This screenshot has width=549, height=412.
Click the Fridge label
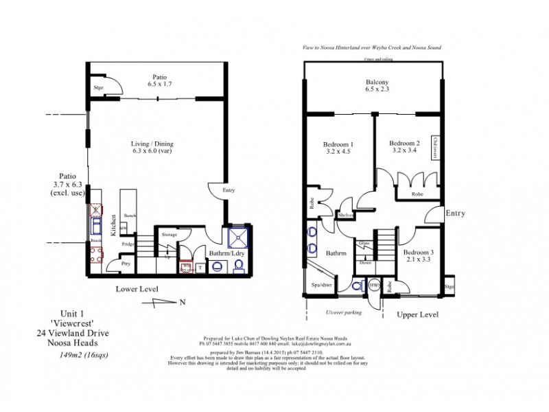pos(128,244)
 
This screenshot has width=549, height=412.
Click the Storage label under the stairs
pos(170,235)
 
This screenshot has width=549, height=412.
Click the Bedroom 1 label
pos(337,145)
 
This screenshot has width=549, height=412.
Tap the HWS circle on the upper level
pos(374,284)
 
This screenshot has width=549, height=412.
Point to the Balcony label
pos(377,82)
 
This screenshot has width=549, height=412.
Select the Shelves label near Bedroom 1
pos(345,216)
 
